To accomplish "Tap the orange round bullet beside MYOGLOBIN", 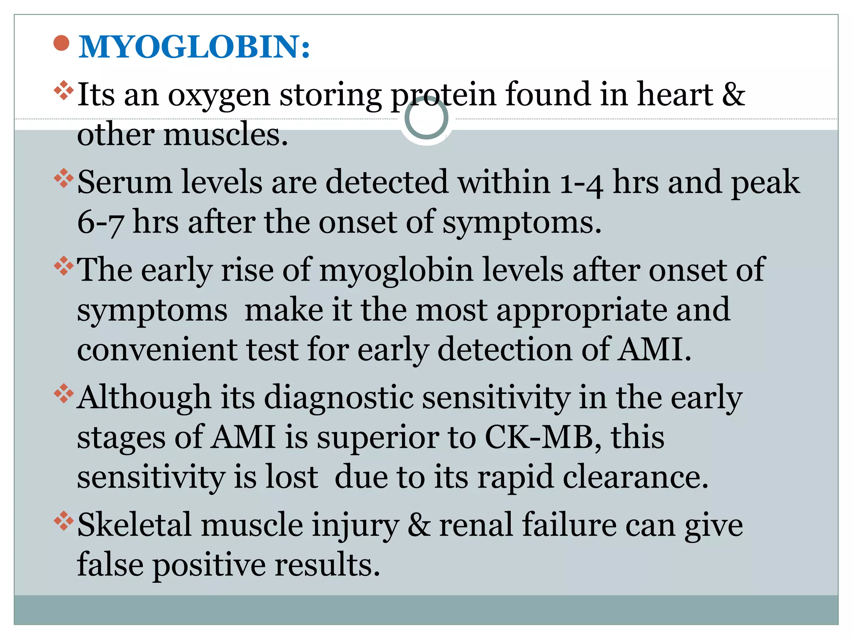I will (62, 43).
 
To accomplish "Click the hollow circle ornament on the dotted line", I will (426, 118).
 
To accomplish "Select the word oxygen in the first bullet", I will (219, 96).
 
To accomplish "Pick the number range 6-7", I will (100, 223).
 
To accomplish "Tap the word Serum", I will (125, 182).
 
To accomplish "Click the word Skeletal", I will (135, 525).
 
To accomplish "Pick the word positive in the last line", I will (209, 565).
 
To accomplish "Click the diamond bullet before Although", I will (64, 394).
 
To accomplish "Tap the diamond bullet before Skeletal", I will (64, 521).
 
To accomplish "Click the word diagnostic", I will (339, 398).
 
